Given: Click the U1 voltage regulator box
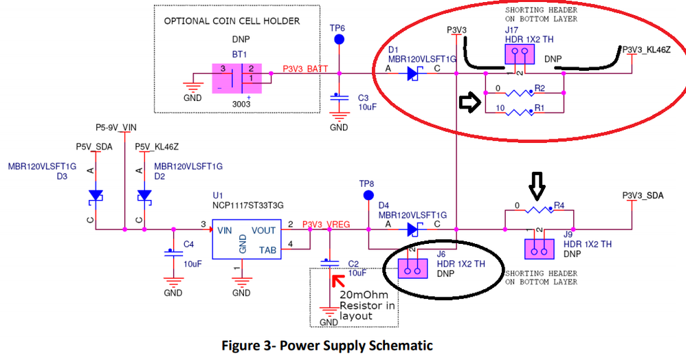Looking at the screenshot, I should tap(245, 239).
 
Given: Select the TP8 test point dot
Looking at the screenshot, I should tap(366, 196).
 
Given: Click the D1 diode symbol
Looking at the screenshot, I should tap(413, 74).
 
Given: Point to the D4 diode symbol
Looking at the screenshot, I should tap(413, 229).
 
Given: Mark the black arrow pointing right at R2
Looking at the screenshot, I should tap(469, 103).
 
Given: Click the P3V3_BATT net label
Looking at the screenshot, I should tap(305, 69).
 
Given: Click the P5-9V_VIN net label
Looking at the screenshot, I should tap(116, 127).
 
